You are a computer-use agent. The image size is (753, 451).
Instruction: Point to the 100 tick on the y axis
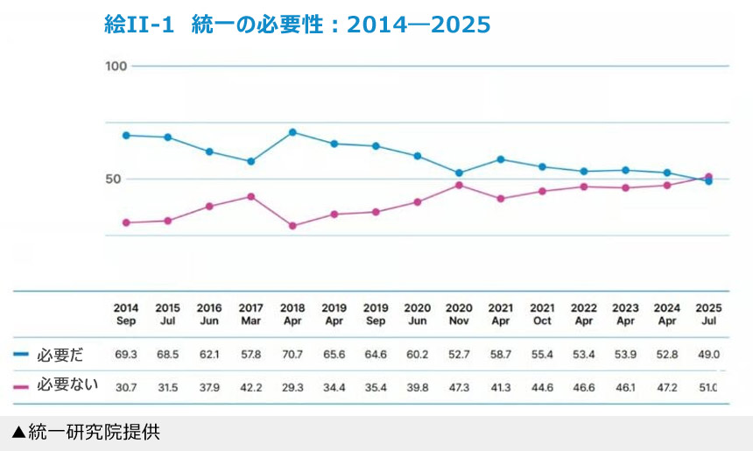116,67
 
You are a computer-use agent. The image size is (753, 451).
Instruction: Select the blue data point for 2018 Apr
292,132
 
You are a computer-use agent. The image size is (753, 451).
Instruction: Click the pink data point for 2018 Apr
292,226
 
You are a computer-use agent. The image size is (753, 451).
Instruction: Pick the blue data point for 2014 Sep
126,135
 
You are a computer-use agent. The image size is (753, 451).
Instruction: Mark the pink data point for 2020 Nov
459,185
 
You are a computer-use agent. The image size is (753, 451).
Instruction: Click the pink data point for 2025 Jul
708,177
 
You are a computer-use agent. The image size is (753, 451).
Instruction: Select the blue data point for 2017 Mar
251,161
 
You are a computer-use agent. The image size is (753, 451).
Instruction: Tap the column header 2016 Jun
209,314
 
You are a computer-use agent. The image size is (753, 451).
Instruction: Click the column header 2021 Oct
542,314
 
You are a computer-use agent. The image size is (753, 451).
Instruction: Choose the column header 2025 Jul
708,314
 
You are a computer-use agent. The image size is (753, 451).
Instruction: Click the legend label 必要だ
60,355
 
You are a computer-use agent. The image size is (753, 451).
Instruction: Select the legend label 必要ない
66,384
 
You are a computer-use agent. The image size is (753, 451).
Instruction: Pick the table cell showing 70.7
292,355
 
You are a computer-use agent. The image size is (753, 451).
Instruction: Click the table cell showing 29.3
292,385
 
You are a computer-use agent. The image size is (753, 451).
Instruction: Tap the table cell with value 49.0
708,355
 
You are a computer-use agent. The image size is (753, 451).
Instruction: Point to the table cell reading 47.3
459,385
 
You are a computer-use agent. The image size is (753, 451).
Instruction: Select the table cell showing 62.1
209,355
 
